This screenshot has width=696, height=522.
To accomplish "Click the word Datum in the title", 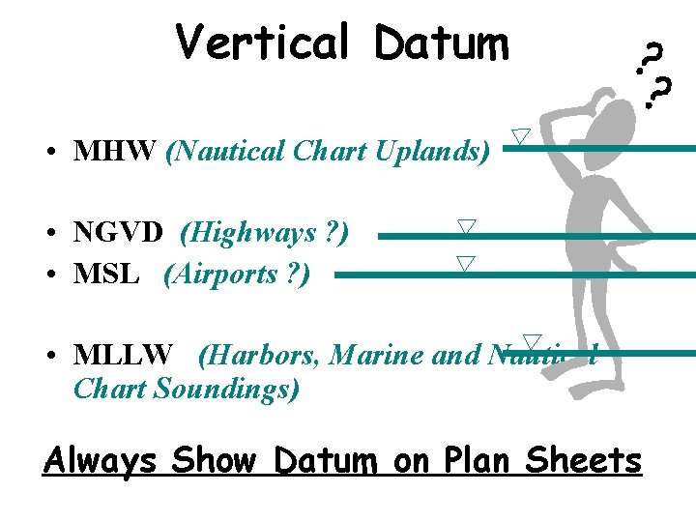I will [442, 43].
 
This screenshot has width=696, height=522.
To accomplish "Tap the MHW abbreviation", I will [115, 152].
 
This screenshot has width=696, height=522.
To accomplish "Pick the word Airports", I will [228, 275].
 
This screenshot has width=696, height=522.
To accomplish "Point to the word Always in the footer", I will [100, 460].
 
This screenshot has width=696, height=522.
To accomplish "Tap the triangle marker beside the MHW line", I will [521, 136].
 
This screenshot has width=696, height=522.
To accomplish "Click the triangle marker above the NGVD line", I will [467, 226].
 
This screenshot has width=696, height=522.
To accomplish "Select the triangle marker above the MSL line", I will [467, 263].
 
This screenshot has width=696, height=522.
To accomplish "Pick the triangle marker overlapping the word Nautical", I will [531, 341].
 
